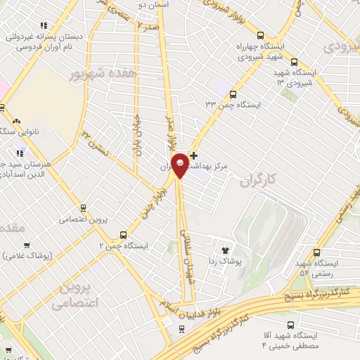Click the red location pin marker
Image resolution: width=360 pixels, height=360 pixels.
180,165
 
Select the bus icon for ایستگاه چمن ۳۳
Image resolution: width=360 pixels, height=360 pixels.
233,93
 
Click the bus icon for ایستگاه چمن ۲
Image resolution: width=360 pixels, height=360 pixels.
124,235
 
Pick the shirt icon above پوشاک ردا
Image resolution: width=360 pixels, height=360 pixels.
226,250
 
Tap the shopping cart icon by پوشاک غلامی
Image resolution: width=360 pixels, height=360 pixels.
27,245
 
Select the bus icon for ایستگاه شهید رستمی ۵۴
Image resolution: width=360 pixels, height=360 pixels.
317,252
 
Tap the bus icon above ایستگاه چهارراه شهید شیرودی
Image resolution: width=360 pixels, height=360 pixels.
261,35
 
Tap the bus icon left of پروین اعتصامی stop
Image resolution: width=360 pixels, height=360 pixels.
84,207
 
